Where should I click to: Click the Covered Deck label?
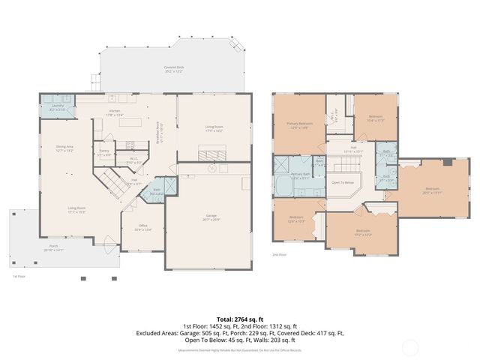175,69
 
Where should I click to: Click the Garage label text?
212,217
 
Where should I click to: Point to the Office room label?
142,227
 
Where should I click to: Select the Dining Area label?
64,148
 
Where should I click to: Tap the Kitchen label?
115,112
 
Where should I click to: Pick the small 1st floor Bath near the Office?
157,190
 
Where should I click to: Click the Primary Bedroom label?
298,124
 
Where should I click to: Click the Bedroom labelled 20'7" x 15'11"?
432,190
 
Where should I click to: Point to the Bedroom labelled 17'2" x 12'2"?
362,232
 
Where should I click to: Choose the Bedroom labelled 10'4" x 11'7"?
376,117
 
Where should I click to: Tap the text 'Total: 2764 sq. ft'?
240,319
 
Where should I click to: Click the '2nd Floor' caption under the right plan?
280,255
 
